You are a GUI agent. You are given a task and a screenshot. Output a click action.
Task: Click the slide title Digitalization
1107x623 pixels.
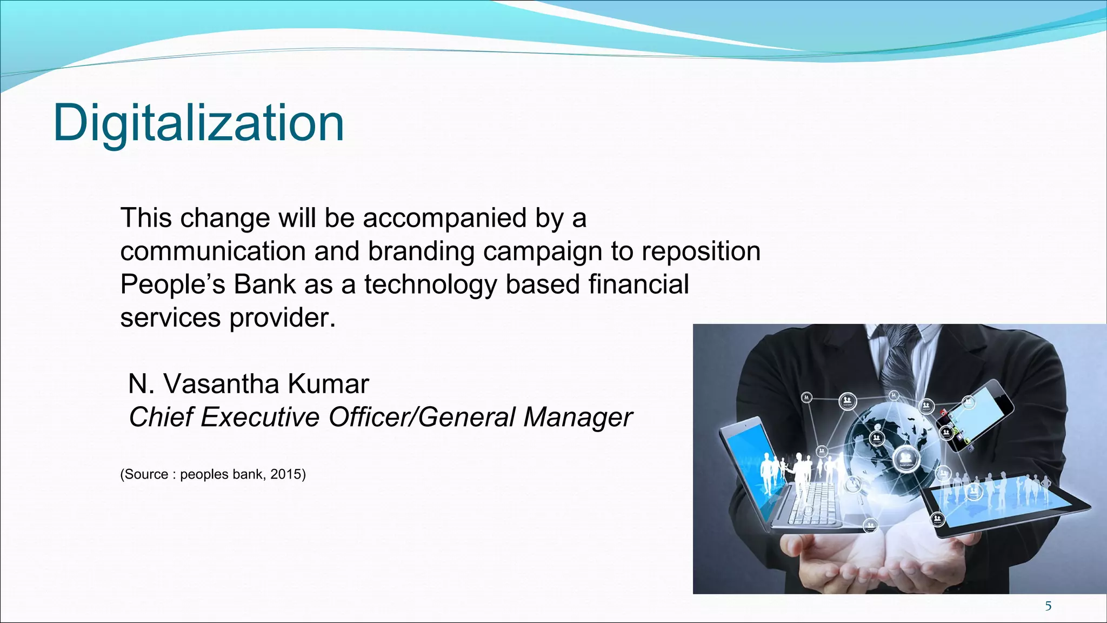198,123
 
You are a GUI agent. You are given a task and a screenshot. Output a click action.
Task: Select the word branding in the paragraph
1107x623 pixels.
422,251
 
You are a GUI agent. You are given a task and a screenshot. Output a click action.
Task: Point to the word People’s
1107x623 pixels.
172,285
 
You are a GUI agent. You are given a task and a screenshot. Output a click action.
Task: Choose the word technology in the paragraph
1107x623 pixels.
430,285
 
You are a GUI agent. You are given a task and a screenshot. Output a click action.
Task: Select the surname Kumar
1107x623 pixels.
328,384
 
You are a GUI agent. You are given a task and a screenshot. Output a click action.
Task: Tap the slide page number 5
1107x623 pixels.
1048,606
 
